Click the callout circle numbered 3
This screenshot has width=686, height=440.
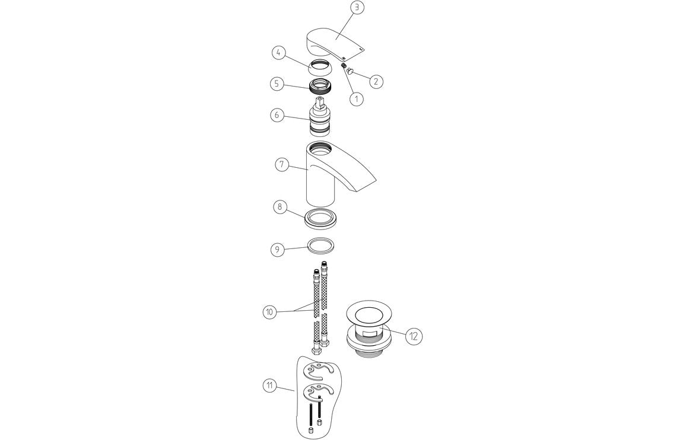(x=356, y=8)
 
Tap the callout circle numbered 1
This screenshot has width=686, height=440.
(x=356, y=99)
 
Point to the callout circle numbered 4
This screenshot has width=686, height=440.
(x=280, y=53)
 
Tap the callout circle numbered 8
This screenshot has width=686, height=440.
(x=280, y=207)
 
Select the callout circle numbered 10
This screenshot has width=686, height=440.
(x=270, y=311)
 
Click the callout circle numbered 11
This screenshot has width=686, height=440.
(x=270, y=385)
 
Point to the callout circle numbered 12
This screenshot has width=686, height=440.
(x=414, y=336)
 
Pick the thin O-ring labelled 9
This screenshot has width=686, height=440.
(x=322, y=245)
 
